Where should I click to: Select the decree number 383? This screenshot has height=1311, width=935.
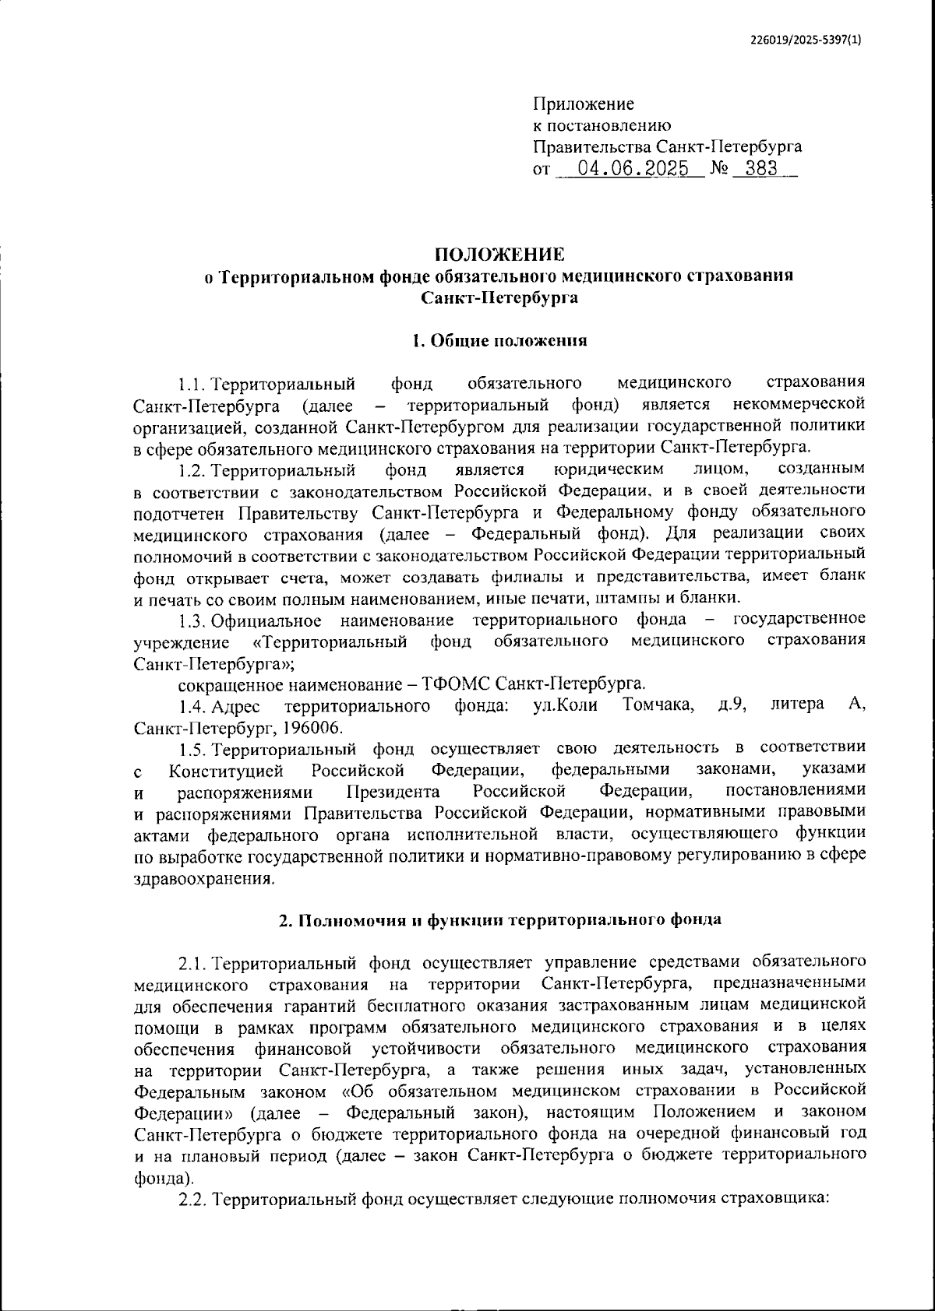click(761, 169)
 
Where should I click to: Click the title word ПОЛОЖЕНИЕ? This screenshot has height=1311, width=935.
click(499, 255)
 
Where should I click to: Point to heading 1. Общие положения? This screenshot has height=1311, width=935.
click(499, 340)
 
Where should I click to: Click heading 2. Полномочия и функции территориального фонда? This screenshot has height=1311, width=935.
click(500, 919)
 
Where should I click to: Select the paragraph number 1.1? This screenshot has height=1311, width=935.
click(192, 384)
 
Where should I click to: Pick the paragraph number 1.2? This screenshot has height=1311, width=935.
click(192, 469)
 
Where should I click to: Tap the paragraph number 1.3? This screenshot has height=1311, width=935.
click(192, 620)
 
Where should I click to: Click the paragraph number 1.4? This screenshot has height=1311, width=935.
click(192, 705)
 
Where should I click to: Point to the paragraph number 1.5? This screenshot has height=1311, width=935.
click(192, 749)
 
